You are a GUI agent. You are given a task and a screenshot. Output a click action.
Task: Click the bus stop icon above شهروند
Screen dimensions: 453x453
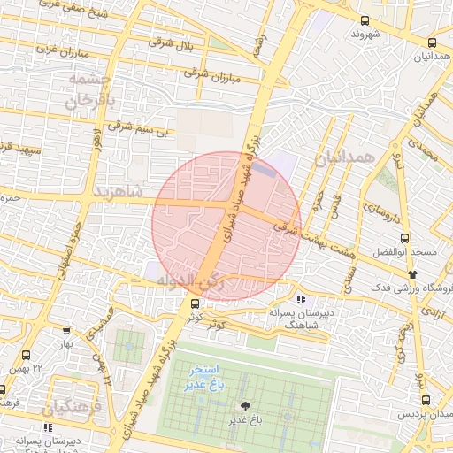tap(365, 20)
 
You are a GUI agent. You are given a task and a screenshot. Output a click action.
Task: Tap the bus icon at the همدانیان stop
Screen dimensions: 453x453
tap(432, 42)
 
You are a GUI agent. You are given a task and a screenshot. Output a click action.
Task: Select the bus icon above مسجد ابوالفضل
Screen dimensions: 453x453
tap(405, 238)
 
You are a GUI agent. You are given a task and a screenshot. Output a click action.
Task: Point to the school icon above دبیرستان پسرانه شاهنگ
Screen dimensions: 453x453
tap(301, 298)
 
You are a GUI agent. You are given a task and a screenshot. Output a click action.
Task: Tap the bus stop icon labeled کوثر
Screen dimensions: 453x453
tap(195, 303)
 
